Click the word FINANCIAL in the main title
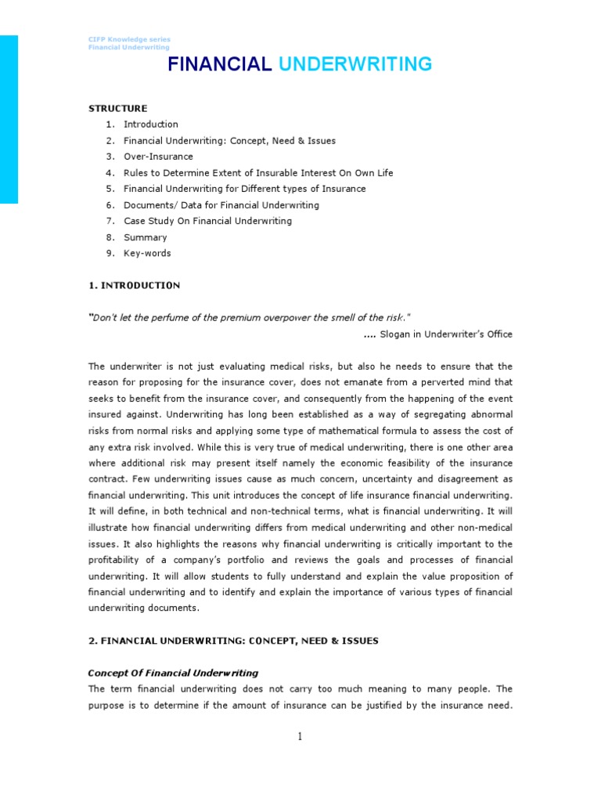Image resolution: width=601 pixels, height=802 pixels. tap(219, 64)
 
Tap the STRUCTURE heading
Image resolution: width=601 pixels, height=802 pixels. tap(117, 108)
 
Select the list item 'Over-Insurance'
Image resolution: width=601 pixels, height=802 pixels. tap(158, 157)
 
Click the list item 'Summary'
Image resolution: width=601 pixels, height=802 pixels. tap(145, 237)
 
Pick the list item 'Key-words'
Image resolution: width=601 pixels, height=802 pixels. tap(147, 253)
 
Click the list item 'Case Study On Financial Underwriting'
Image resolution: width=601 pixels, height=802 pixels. tap(207, 221)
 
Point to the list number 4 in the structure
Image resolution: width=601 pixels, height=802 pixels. tap(110, 172)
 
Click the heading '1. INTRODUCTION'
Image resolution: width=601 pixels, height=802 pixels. tap(134, 285)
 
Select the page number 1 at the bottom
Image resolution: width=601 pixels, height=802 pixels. tap(300, 735)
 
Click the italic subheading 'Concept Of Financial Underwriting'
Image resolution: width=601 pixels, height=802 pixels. tap(173, 673)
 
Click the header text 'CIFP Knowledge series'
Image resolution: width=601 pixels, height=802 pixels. tap(128, 39)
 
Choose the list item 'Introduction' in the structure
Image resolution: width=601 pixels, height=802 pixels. tap(150, 125)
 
